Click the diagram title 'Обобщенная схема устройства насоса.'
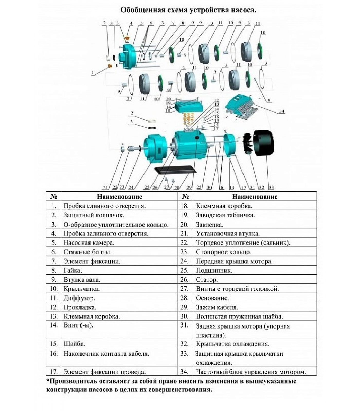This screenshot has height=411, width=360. [188, 10]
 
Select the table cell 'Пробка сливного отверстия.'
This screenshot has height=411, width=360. [104, 206]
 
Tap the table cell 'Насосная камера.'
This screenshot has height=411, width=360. [89, 242]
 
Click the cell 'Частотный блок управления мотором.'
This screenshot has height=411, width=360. [251, 371]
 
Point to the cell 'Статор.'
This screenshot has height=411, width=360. [207, 279]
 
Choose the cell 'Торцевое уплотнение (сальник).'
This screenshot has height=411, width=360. [243, 242]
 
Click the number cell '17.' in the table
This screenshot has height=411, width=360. [53, 371]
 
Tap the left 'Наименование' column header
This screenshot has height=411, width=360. [120, 197]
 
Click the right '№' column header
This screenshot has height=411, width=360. [185, 197]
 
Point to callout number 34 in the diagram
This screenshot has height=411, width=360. [282, 111]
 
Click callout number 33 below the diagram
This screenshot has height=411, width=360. [271, 187]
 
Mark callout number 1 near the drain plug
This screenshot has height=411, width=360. [93, 73]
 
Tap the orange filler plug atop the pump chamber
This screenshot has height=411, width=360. [127, 39]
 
